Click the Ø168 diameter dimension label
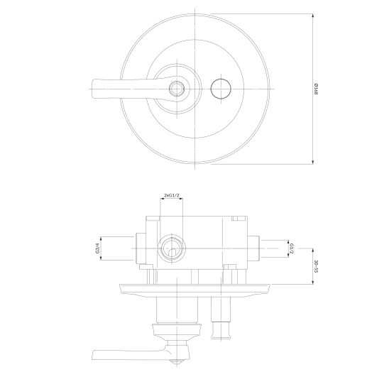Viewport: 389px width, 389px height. pos(316,89)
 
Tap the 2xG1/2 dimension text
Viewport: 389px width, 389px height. pos(171,195)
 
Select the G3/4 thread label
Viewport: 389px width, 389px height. pos(97,248)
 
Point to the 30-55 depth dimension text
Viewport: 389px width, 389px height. pos(316,266)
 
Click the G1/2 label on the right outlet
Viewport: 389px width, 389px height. pos(292,248)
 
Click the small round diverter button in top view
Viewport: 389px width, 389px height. pos(221,89)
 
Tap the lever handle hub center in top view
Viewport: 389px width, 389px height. pos(176,89)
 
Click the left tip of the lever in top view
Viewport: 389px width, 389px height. pos(92,89)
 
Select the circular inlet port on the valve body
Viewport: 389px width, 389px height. pos(172,248)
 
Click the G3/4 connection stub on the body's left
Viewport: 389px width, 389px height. pos(141,248)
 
